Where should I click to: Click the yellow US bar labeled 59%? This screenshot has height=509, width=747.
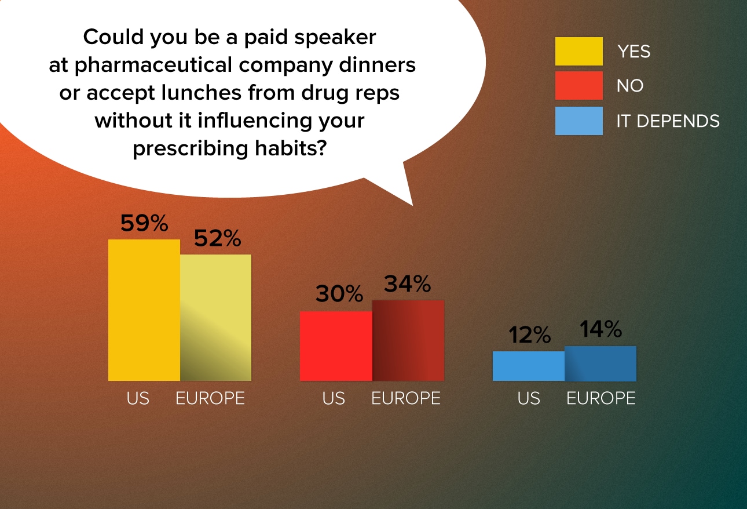coord(144,310)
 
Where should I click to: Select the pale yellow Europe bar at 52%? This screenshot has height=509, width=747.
coord(216,318)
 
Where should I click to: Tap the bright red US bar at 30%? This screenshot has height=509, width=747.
coord(336,346)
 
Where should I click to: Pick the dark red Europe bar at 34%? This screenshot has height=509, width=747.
coord(408,340)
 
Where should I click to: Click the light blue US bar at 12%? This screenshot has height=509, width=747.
coord(529,366)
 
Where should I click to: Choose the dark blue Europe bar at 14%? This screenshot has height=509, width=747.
coord(600,363)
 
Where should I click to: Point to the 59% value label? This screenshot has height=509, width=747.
coord(144,223)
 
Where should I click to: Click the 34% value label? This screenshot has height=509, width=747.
coord(408,283)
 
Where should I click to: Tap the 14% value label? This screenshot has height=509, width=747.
coord(600,329)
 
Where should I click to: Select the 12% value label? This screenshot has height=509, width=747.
coord(530,335)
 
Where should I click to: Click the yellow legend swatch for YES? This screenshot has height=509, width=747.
coord(579,51)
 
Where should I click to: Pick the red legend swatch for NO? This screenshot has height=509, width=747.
coord(579,85)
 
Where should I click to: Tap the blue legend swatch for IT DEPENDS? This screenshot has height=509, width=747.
coord(579,121)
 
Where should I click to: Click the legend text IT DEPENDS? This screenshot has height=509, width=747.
coord(668,121)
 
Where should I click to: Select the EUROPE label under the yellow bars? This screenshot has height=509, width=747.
coord(210,398)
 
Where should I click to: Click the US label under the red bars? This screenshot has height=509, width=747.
coord(334,398)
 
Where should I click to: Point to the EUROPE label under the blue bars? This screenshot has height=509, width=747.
coord(601,398)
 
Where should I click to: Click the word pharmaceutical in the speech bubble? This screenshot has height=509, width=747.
coord(153,65)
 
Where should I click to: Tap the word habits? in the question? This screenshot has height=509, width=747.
coord(291,148)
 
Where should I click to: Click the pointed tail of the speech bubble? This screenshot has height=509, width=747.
coord(412,205)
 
